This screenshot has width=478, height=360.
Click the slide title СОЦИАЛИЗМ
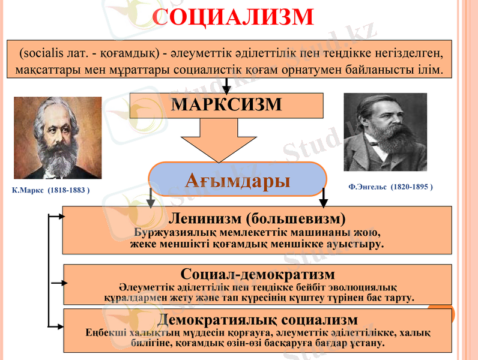click(x=233, y=17)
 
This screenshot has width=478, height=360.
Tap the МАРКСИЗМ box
click(x=226, y=104)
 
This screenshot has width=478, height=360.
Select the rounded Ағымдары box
click(x=237, y=179)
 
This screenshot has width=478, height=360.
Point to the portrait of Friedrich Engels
click(x=385, y=132)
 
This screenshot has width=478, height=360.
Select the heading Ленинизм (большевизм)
click(x=257, y=217)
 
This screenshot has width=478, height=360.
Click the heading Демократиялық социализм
click(x=257, y=319)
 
